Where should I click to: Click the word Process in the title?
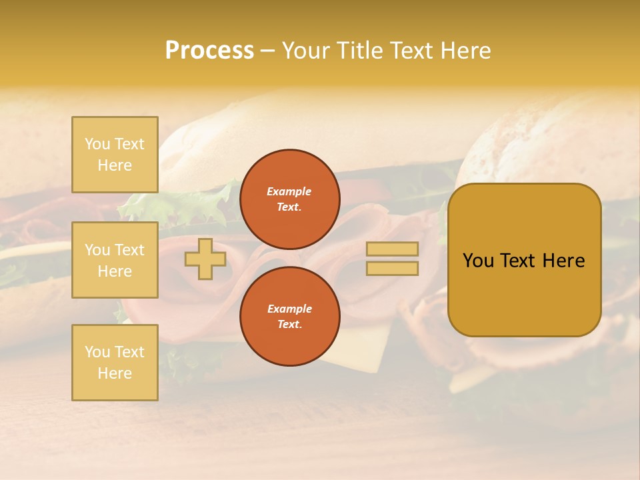click(209, 51)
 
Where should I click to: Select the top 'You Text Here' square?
click(115, 155)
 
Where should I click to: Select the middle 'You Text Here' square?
click(115, 260)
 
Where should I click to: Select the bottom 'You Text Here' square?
click(115, 362)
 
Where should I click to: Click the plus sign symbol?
click(205, 259)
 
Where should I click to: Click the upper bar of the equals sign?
click(392, 249)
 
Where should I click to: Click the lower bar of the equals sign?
click(392, 269)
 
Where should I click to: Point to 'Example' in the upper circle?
click(289, 191)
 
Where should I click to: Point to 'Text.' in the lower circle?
click(289, 324)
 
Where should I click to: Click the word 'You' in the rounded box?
click(478, 261)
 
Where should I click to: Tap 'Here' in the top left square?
click(115, 165)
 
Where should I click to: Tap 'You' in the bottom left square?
click(97, 352)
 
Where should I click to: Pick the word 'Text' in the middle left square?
click(129, 250)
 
